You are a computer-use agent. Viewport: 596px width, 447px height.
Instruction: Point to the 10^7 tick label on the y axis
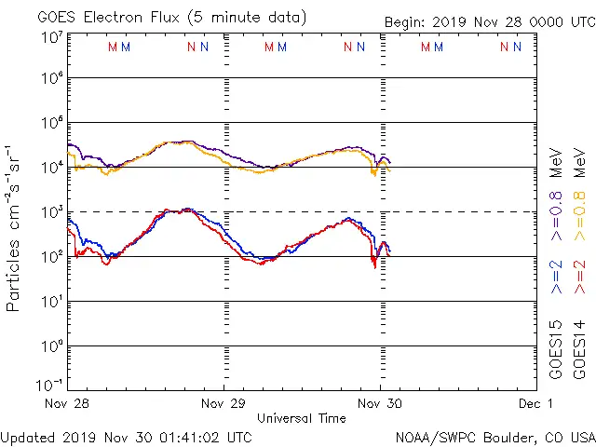point(51,37)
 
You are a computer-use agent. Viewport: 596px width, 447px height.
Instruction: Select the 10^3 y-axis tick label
point(51,212)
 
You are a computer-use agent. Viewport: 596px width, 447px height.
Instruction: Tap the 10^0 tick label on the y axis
point(51,345)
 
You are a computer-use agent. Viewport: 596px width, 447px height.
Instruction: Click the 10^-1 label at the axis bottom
point(48,385)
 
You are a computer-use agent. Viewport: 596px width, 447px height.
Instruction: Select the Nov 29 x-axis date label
point(224,404)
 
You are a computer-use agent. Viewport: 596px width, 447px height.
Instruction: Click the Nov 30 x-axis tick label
point(380,404)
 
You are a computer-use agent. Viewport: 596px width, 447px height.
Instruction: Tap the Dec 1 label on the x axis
point(537,404)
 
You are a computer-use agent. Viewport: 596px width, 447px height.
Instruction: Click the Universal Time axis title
point(302,418)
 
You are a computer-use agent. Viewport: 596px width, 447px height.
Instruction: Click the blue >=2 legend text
point(557,278)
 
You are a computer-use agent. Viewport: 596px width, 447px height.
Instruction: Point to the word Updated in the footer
point(27,436)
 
